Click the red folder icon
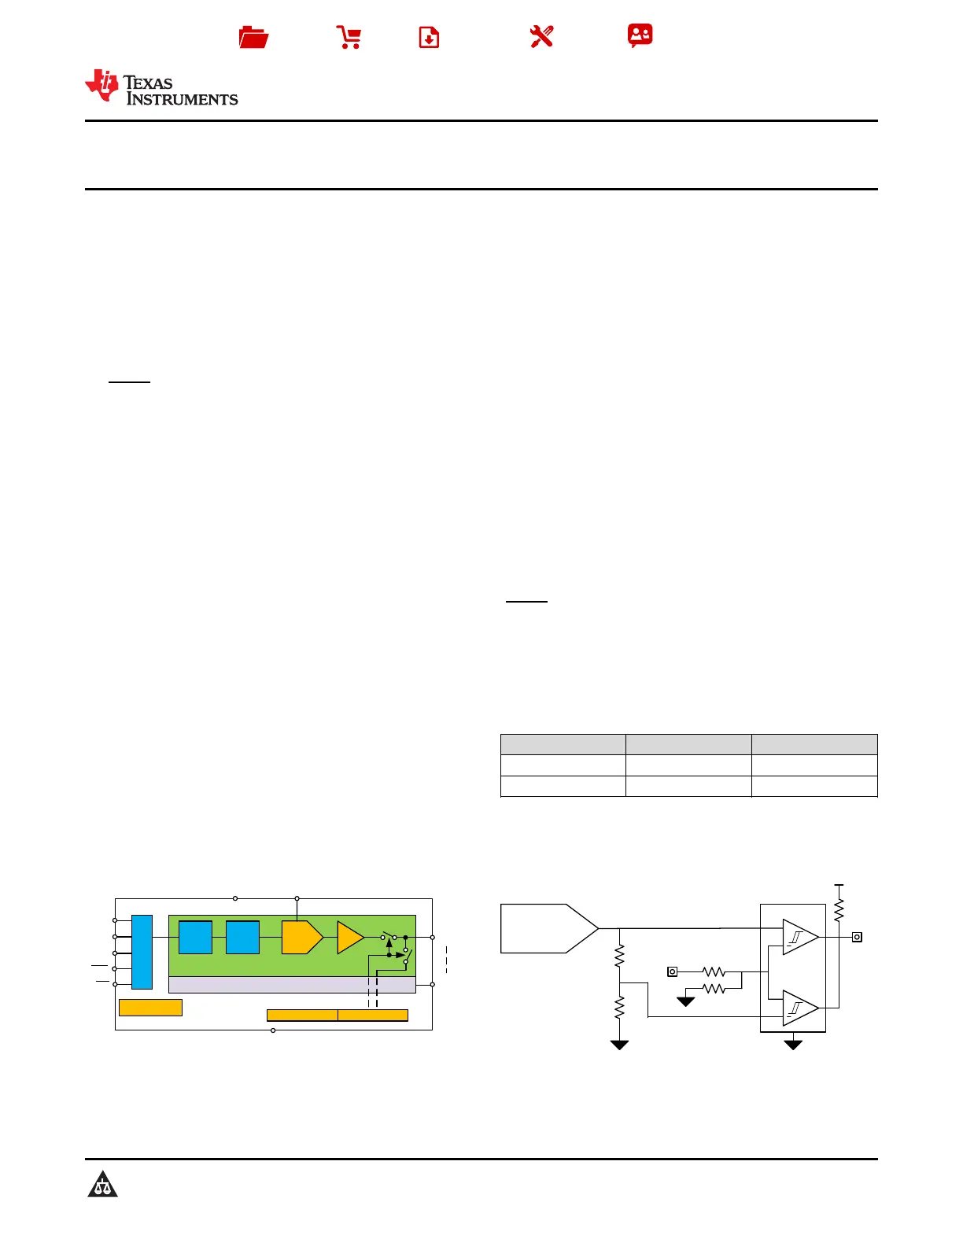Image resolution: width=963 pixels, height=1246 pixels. [x=253, y=37]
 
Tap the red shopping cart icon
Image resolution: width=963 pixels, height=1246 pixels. [x=349, y=37]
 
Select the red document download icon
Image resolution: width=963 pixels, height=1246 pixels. [x=429, y=37]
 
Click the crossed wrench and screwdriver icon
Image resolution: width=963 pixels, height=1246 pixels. [x=541, y=37]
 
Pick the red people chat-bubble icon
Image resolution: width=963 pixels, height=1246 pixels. [x=640, y=35]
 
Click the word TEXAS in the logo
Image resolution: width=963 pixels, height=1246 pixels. [x=148, y=83]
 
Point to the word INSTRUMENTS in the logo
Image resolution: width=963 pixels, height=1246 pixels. [x=182, y=99]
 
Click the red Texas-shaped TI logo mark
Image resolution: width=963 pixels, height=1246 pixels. [x=102, y=86]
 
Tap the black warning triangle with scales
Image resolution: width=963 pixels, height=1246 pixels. [x=102, y=1184]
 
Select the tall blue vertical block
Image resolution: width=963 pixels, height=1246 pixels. [x=142, y=952]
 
